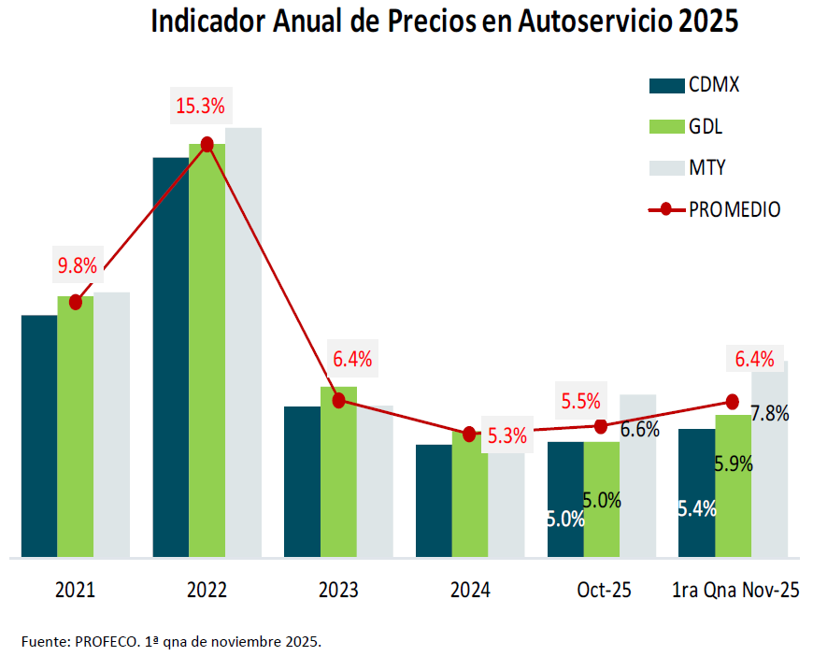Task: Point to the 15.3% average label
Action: [x=200, y=106]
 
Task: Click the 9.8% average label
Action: [x=78, y=265]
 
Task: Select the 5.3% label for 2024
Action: [x=507, y=435]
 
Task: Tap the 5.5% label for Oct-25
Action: [x=580, y=401]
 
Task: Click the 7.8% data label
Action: [x=770, y=413]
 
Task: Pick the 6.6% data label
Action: [x=640, y=430]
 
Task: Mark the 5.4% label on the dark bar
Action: [x=697, y=509]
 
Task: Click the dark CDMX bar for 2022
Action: [x=171, y=355]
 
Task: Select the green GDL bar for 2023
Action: [x=338, y=472]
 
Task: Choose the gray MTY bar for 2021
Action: [x=112, y=425]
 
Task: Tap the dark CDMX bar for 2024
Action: [x=434, y=500]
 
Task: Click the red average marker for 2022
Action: [x=207, y=144]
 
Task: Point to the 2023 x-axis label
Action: [x=338, y=591]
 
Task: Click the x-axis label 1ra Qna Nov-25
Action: [x=735, y=591]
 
